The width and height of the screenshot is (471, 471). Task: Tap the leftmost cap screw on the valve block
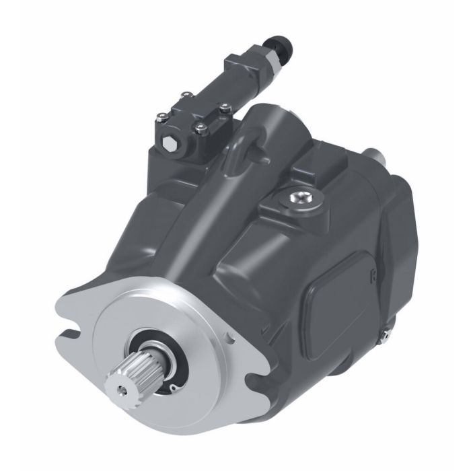pos(161,120)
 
